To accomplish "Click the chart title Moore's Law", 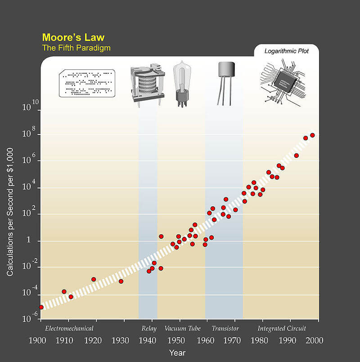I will tap(73, 37).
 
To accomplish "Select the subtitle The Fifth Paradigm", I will tap(76, 48).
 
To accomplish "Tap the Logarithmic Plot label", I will tap(286, 51).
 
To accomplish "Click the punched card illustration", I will tap(87, 83).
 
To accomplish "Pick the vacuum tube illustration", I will tap(182, 84).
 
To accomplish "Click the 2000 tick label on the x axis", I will tap(315, 340).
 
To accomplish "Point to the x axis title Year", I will tap(177, 353).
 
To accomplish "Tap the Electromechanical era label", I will tap(69, 328).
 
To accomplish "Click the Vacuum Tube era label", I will tap(182, 328).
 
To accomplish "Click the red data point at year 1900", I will tap(41, 307).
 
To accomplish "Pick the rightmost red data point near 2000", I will tap(312, 135).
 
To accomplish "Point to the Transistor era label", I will tap(225, 328).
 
